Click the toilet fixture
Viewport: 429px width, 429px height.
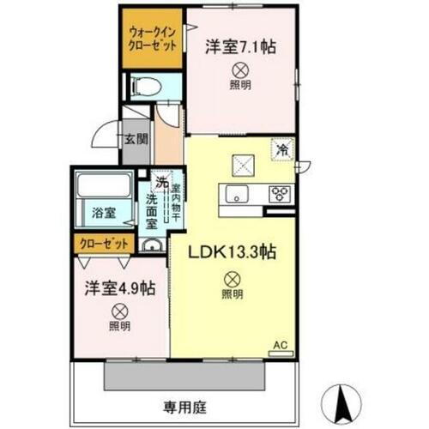[146, 86]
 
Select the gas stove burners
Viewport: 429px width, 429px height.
[279, 193]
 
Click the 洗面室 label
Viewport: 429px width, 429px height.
[151, 212]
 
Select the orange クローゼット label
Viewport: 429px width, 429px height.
[101, 243]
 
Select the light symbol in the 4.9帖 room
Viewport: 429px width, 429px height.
[119, 311]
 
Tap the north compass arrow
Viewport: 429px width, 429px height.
[343, 398]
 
